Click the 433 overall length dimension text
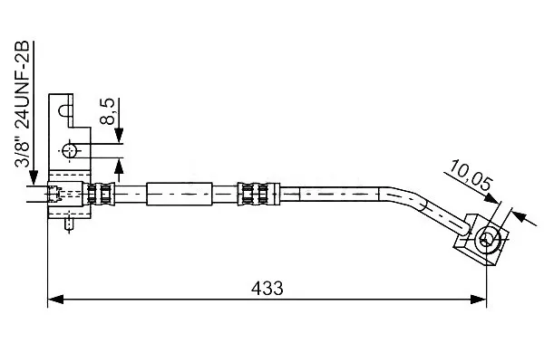(267, 288)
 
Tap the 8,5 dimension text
(108, 111)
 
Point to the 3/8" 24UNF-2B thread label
(22, 104)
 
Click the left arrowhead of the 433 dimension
(55, 300)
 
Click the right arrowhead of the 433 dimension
(479, 300)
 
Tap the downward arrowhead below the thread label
(34, 177)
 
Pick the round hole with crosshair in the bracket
(70, 151)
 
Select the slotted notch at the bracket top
(65, 110)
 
